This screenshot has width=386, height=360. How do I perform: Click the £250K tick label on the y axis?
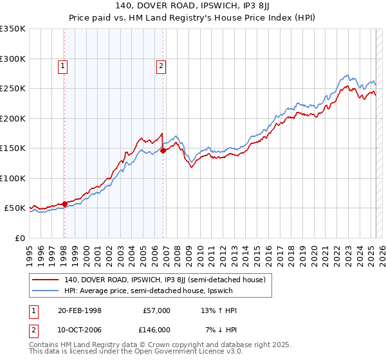coord(13,89)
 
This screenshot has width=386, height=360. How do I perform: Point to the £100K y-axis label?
coord(13,178)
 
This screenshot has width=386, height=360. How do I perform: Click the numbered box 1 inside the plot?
coord(64,65)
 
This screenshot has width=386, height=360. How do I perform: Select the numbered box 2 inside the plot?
coord(161,65)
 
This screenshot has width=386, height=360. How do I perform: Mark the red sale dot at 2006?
coord(163,151)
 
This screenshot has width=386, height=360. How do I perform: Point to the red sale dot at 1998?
coord(64,204)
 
